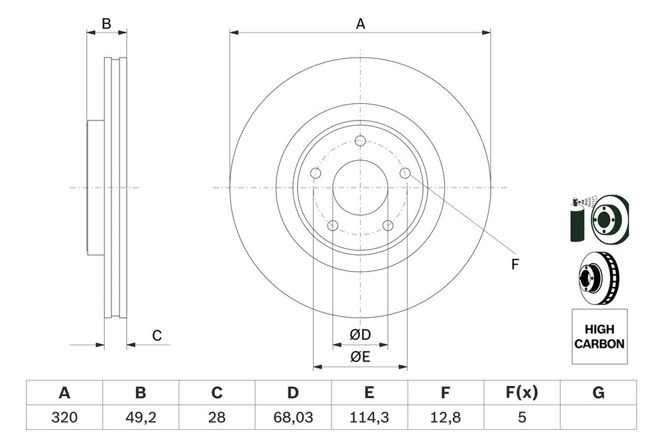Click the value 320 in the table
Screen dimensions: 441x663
pos(64,418)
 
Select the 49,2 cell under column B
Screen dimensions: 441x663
pos(140,418)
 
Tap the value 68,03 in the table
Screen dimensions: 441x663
pos(292,418)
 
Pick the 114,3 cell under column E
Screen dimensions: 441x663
pos(369,418)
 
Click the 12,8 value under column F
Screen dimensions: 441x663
pos(446,418)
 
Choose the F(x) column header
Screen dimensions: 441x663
pos(522,393)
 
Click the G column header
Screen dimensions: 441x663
pos(598,393)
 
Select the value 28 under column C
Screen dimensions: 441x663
pos(216,418)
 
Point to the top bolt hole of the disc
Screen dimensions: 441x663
pos(360,141)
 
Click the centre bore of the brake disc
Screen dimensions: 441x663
pos(360,187)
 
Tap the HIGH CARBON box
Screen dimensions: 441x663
pos(599,336)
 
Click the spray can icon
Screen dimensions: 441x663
pos(576,222)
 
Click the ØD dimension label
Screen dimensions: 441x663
pos(360,336)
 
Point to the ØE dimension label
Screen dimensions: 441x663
pos(360,358)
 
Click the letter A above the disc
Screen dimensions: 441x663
pos(360,24)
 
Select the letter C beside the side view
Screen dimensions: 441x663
pos(156,336)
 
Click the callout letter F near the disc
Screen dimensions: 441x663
pos(514,264)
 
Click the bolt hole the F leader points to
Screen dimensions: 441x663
pos(405,173)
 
